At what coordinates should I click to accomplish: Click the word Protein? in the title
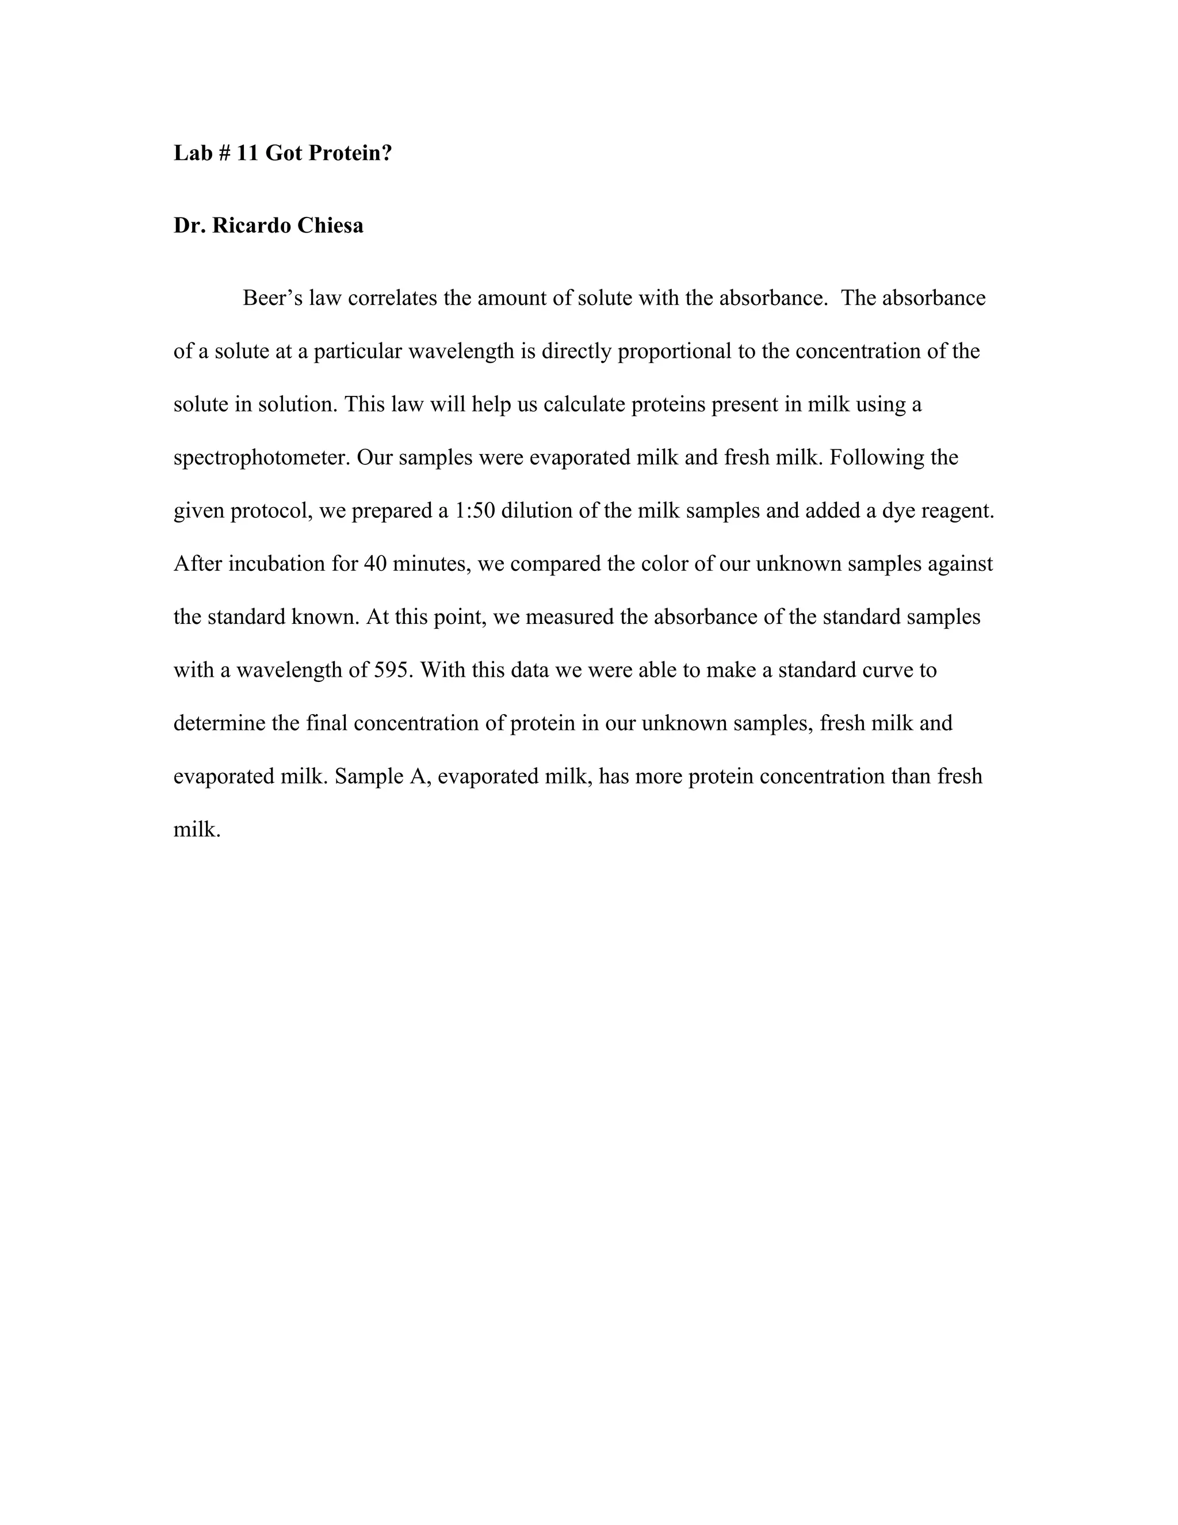(350, 153)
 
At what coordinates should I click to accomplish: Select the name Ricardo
(252, 226)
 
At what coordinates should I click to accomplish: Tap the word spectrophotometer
(261, 458)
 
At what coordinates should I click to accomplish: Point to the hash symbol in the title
(224, 153)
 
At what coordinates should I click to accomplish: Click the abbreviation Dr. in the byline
(189, 226)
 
